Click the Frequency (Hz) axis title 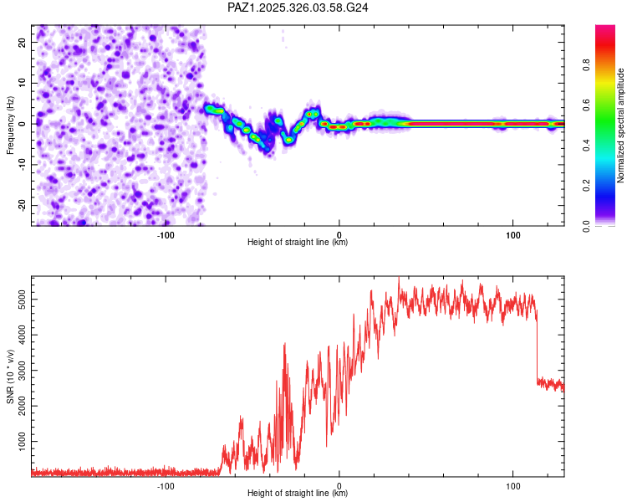[x=10, y=125]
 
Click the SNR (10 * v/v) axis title [x=10, y=376]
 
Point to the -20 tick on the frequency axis [x=21, y=205]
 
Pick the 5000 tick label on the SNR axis [x=18, y=298]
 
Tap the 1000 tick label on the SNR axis [x=18, y=440]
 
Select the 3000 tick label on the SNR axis [x=18, y=369]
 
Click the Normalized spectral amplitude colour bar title [x=620, y=125]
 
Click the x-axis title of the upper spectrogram [x=298, y=242]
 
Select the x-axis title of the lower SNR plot [x=298, y=493]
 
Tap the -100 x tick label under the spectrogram [x=166, y=234]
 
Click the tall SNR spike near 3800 [x=285, y=345]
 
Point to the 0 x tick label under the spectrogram [x=339, y=234]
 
